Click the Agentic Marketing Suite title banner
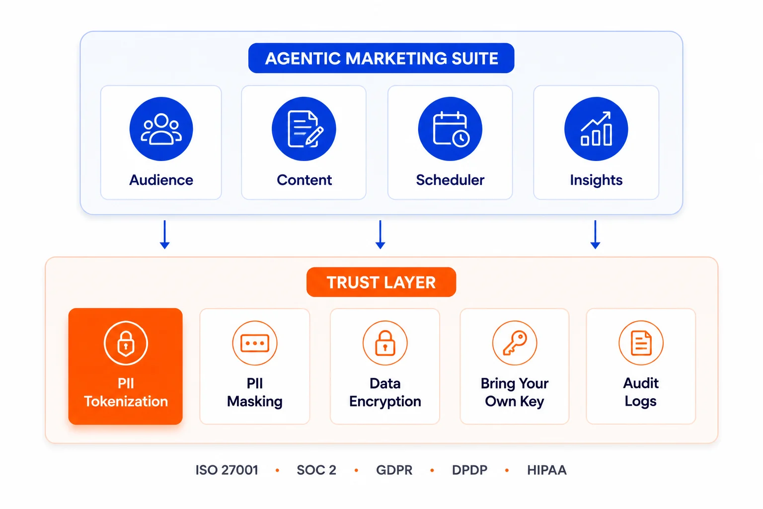click(381, 58)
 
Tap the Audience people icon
click(161, 129)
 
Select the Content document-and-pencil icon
click(304, 129)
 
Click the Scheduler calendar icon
click(450, 129)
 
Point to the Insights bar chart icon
click(596, 129)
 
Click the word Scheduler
click(450, 180)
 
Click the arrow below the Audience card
click(165, 235)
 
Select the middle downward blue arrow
click(380, 235)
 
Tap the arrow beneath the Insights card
click(596, 235)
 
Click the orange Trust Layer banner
click(381, 282)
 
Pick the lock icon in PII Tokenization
click(126, 343)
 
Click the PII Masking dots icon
click(255, 343)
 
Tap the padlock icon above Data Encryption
click(385, 343)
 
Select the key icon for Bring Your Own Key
click(515, 343)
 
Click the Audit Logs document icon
click(641, 343)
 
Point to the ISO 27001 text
click(227, 470)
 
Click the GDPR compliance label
click(394, 470)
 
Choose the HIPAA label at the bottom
click(547, 470)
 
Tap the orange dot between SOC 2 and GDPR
click(356, 470)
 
